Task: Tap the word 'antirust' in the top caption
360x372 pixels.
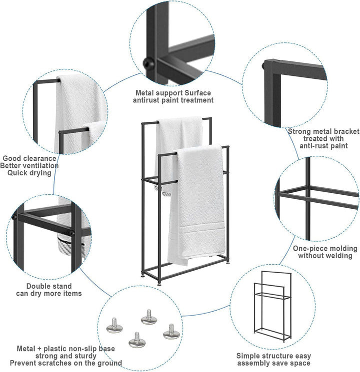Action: (146, 100)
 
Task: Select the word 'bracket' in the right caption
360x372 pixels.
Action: (346, 131)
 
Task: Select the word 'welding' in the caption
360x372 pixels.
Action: (339, 256)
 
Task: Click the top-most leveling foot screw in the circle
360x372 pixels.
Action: (149, 317)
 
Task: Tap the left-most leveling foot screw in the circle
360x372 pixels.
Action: (114, 326)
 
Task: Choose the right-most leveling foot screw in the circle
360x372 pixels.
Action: (171, 332)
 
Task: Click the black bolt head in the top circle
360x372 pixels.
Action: (149, 63)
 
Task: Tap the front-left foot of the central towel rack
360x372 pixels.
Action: (158, 284)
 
